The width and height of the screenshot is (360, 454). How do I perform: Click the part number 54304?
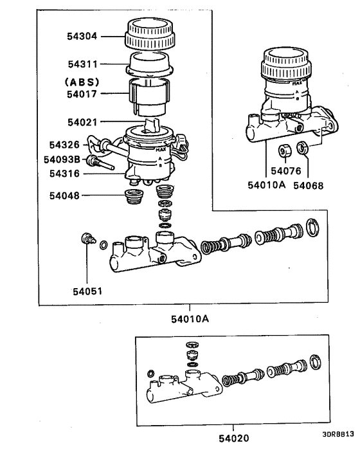point(82,37)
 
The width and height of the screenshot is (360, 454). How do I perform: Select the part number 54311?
point(82,64)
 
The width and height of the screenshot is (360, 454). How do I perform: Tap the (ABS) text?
point(80,82)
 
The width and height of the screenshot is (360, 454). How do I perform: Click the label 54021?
point(82,121)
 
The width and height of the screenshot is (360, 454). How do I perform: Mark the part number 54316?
point(66,172)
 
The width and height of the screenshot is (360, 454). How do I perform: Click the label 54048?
point(66,195)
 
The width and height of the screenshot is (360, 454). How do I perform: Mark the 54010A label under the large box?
point(190,318)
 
